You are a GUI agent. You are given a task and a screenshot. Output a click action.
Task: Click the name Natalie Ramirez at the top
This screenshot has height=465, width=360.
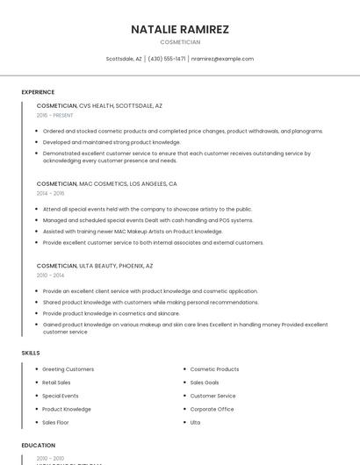coord(180,29)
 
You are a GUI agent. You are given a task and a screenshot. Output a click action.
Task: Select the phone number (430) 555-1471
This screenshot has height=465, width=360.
coord(167,59)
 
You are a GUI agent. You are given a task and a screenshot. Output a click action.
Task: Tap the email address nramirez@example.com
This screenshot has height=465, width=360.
coord(222,59)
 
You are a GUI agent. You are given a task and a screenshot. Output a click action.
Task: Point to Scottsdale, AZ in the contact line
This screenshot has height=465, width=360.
coord(124,59)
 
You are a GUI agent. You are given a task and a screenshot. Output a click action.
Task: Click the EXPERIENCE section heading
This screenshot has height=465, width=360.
coord(38,92)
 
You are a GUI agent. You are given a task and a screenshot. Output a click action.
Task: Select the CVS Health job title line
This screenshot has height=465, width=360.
coord(99,105)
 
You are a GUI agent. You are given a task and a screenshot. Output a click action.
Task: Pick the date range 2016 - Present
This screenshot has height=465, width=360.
coord(54,115)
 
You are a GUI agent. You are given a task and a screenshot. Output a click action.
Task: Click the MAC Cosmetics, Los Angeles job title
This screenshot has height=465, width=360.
coord(106,184)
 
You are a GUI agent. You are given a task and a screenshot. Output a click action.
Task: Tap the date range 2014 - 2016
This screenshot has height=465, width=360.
coord(50,193)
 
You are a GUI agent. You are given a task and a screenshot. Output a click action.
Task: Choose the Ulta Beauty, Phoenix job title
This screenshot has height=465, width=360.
coord(95,265)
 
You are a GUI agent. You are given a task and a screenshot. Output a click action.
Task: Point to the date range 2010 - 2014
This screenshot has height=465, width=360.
coord(50,275)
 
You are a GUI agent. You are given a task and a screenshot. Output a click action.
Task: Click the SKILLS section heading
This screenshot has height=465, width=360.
coord(31,353)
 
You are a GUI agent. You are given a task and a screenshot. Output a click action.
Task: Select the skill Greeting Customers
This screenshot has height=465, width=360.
coord(68,369)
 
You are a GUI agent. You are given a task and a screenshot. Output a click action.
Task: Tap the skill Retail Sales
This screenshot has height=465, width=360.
coord(56,383)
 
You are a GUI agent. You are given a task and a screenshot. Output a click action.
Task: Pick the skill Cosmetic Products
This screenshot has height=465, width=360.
coord(214,369)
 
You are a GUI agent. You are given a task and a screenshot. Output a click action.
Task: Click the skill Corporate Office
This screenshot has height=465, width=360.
coord(212,409)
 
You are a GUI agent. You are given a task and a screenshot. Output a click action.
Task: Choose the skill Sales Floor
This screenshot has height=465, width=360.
coord(55,422)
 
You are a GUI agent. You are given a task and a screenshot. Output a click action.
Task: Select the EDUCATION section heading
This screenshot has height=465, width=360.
coord(39,446)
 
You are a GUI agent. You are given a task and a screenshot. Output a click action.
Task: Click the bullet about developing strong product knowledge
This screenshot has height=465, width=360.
coord(112,141)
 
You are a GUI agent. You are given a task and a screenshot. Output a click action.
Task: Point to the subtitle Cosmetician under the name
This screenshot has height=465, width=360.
coord(180,42)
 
